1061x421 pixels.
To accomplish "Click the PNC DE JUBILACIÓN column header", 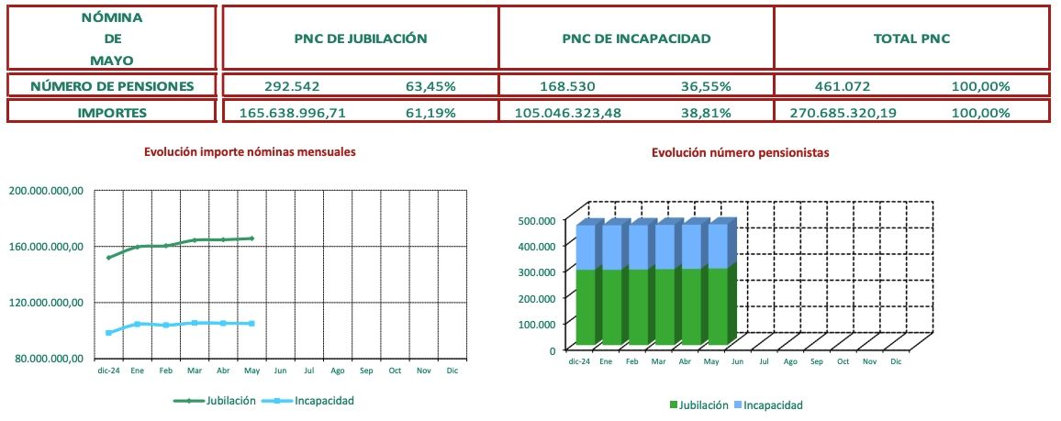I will [361, 39].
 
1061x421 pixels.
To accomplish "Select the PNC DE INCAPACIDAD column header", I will [636, 39].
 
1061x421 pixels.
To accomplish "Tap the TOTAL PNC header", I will [910, 39].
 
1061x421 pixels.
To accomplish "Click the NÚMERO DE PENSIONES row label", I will [112, 86].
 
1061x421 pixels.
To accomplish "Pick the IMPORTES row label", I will [112, 113].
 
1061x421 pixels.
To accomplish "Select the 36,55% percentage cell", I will [706, 86].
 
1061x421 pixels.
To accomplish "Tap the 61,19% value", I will [430, 113].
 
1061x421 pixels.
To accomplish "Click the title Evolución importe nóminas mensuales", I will [250, 151].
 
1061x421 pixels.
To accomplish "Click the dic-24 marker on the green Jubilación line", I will [109, 258].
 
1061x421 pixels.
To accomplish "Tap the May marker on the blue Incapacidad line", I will [251, 324].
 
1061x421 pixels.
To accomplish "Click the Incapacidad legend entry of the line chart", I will [317, 401].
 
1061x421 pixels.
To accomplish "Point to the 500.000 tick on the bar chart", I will [534, 220].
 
